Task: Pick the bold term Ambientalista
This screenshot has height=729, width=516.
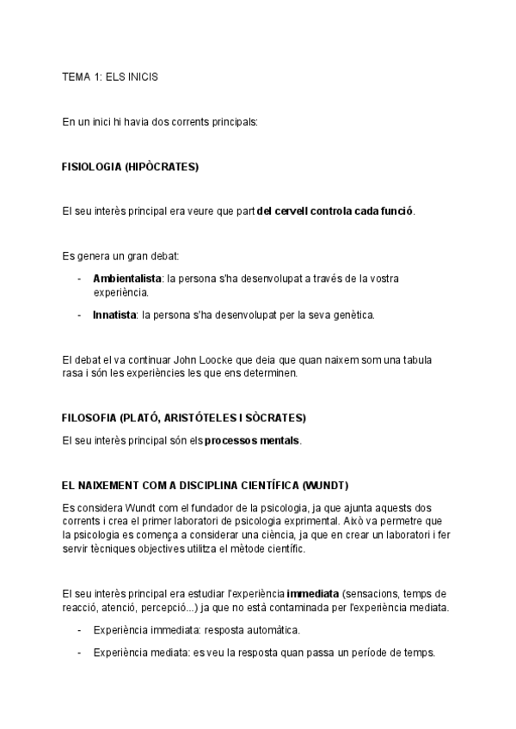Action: click(127, 279)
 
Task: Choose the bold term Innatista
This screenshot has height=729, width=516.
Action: click(114, 315)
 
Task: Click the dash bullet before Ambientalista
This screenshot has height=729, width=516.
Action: click(80, 279)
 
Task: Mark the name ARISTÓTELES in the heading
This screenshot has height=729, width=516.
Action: click(212, 418)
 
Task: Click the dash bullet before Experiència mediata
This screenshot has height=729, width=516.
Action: click(80, 652)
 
